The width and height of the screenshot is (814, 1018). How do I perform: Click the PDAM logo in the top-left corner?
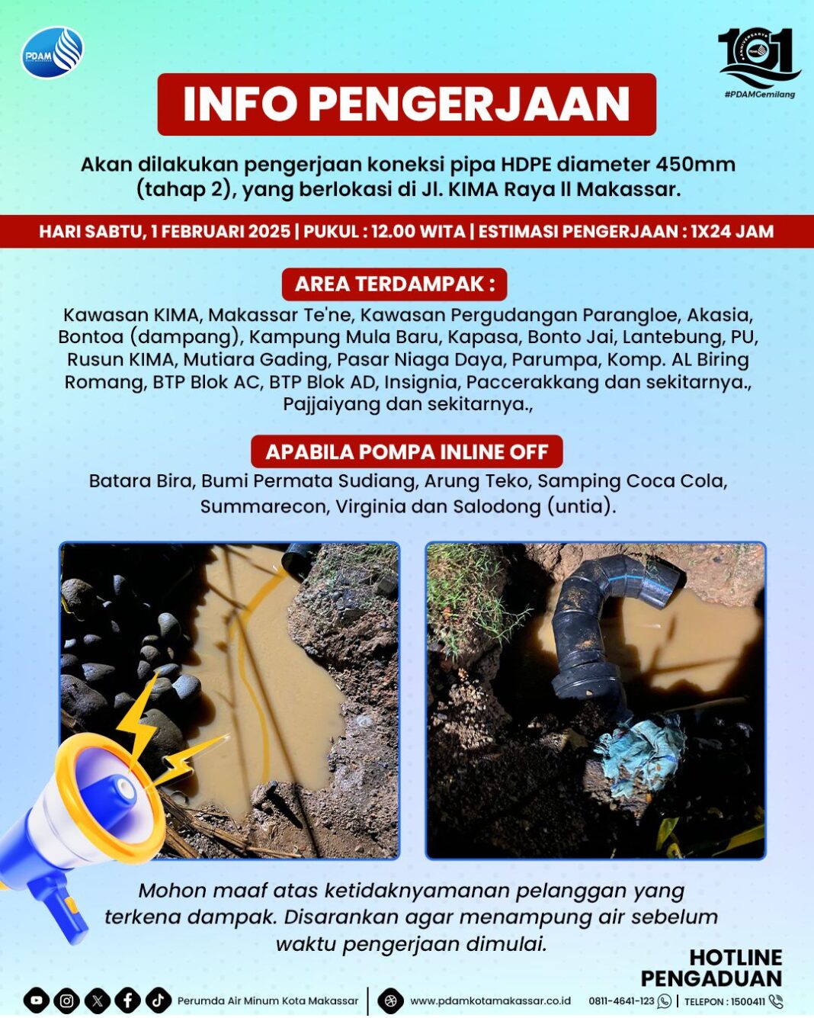pos(52,53)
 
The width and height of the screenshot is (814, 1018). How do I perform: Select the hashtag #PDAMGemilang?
pos(759,95)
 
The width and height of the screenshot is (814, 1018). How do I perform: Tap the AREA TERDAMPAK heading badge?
pos(395,284)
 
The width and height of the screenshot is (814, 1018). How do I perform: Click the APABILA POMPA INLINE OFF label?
pos(406,451)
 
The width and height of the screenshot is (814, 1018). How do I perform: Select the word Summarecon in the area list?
pos(264,506)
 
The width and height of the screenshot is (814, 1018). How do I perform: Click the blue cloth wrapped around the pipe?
pos(639,751)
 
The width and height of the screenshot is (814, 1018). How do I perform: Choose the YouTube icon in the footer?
pos(37,1000)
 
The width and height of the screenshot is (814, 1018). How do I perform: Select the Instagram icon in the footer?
pos(67,1000)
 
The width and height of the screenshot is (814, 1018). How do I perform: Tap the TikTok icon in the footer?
pos(158,1000)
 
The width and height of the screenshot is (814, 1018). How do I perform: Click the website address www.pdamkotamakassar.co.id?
pos(490,1001)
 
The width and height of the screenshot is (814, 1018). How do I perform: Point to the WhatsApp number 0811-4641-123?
pos(621,1001)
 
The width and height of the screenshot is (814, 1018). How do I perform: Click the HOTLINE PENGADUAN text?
pos(712,968)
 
